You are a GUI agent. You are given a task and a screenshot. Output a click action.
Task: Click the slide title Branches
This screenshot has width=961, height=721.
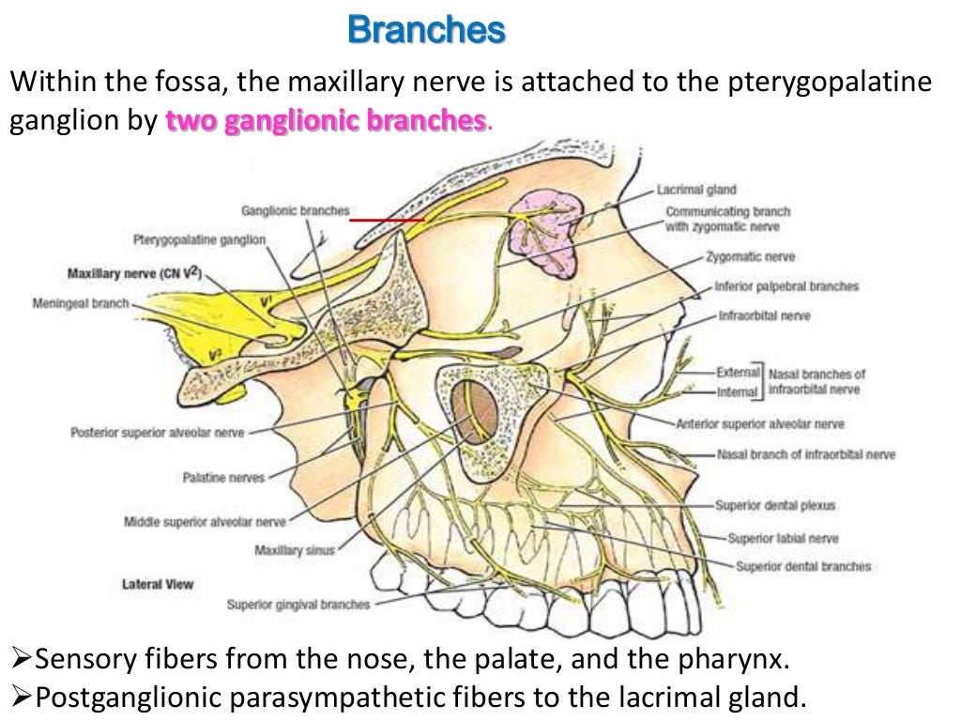point(426,30)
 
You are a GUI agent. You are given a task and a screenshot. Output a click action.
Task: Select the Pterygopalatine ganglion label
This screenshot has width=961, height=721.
point(198,240)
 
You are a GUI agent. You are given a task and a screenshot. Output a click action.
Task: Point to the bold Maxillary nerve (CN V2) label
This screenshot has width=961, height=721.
point(134,274)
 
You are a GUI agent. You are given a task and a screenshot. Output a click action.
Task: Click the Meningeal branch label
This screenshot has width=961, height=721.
point(80,303)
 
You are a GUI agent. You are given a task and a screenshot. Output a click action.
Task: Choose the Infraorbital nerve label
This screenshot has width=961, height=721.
point(763,316)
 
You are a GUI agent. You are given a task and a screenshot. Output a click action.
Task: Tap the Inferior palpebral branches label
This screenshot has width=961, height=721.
point(786,286)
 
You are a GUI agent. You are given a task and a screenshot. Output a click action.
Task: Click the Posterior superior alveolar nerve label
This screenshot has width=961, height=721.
point(157,433)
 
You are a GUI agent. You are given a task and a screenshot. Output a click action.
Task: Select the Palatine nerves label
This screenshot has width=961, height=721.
point(222,478)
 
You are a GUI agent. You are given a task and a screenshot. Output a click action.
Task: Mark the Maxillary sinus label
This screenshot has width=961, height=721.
point(294,550)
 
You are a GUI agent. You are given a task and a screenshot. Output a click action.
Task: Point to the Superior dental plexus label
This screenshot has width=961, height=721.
point(774,505)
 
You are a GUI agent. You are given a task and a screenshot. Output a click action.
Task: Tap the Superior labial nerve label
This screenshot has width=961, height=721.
point(783,538)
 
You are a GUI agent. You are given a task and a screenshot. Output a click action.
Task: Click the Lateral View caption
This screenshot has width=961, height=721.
point(157,584)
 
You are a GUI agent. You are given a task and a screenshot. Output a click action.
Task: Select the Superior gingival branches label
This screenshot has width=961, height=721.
point(298,605)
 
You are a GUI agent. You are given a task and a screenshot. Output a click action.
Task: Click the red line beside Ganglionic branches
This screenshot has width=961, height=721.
point(387,220)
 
